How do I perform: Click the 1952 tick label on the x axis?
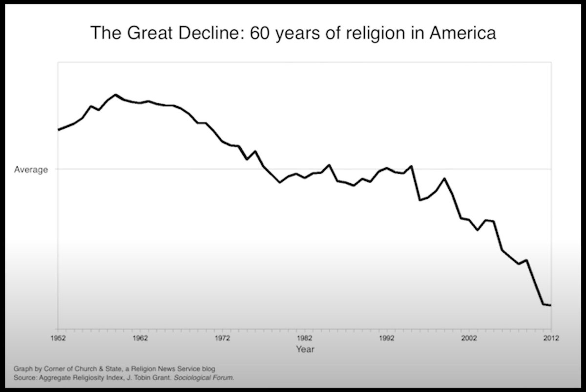[x=58, y=337]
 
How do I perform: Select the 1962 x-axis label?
[x=140, y=337]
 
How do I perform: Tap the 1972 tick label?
[x=222, y=337]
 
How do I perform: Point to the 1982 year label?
[x=304, y=337]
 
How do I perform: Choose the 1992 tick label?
[x=386, y=337]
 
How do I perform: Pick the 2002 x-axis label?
[x=468, y=337]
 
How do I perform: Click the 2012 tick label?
[x=551, y=337]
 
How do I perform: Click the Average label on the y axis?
[x=31, y=170]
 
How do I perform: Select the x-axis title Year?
[x=305, y=349]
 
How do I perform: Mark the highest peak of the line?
[x=115, y=95]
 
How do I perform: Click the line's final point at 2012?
[x=551, y=306]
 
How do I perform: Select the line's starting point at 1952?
[x=59, y=130]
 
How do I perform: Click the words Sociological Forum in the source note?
[x=204, y=377]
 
